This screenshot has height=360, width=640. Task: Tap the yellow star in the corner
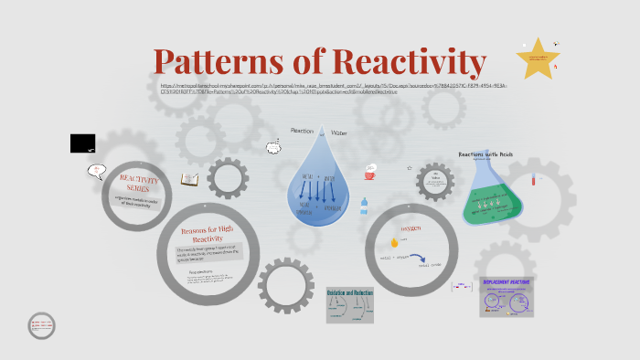click(x=537, y=58)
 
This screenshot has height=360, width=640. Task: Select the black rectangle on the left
click(x=82, y=143)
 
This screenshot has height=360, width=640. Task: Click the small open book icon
click(x=190, y=179)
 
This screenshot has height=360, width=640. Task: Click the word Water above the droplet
click(x=339, y=132)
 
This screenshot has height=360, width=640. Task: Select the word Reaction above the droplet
click(x=302, y=132)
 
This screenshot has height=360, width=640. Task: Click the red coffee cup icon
click(x=370, y=170)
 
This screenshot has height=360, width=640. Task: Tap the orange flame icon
click(x=395, y=242)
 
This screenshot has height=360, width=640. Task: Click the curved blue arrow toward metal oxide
click(x=417, y=258)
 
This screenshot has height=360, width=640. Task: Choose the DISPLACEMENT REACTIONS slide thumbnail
click(x=506, y=296)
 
